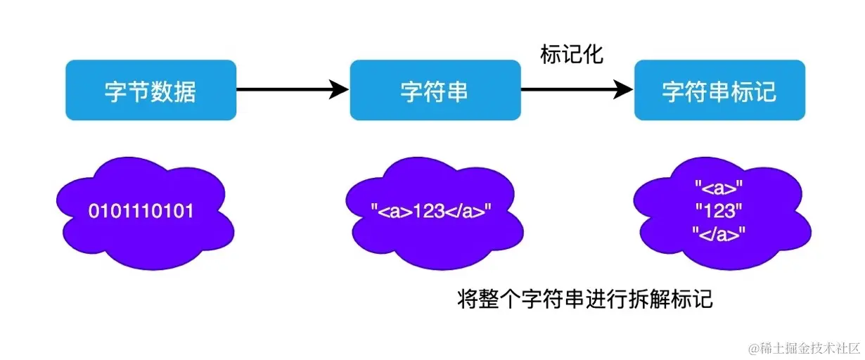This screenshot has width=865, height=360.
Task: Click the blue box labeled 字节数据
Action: pyautogui.click(x=150, y=90)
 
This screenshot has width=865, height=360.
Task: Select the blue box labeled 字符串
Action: pyautogui.click(x=435, y=90)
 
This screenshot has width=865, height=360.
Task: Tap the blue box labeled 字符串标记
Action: pyautogui.click(x=719, y=90)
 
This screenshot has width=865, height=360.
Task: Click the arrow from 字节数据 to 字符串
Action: pyautogui.click(x=288, y=89)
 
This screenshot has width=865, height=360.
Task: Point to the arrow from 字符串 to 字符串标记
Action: pyautogui.click(x=573, y=89)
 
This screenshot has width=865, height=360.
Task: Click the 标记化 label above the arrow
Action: pyautogui.click(x=572, y=54)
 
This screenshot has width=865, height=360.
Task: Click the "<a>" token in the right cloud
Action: pyautogui.click(x=718, y=188)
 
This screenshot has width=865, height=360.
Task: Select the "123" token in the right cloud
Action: pyautogui.click(x=718, y=211)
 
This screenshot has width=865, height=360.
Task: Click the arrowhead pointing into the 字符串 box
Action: pyautogui.click(x=340, y=89)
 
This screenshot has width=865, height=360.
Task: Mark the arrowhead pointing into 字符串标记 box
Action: pyautogui.click(x=623, y=89)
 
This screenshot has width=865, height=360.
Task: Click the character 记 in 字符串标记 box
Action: pyautogui.click(x=764, y=91)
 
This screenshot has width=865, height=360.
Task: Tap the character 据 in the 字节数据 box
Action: pyautogui.click(x=184, y=91)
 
